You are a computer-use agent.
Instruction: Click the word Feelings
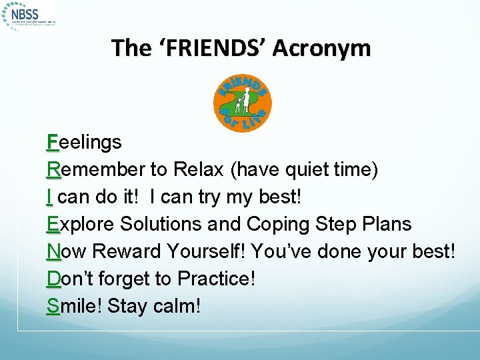pyautogui.click(x=84, y=142)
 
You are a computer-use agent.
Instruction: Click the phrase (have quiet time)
pyautogui.click(x=305, y=169)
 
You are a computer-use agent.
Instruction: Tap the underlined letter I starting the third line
pyautogui.click(x=51, y=197)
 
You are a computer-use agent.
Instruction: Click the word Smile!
pyautogui.click(x=74, y=306)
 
